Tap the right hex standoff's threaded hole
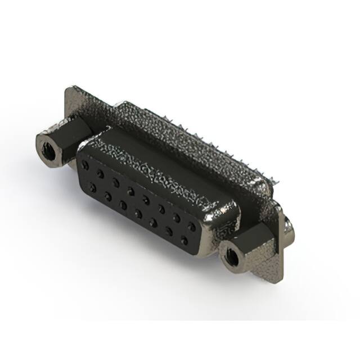[231, 258]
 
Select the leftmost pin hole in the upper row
[85, 165]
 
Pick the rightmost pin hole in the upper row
[192, 227]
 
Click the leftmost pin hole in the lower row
[92, 188]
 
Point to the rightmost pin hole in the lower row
[184, 240]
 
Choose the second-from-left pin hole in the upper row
[100, 174]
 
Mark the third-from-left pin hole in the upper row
[116, 183]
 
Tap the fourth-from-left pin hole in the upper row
[131, 191]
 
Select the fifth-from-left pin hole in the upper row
[146, 200]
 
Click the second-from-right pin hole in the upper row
[177, 218]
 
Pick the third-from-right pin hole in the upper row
[161, 209]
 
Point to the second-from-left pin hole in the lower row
[107, 197]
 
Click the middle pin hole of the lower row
[138, 214]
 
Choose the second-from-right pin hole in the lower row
[169, 232]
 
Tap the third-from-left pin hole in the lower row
[123, 205]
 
